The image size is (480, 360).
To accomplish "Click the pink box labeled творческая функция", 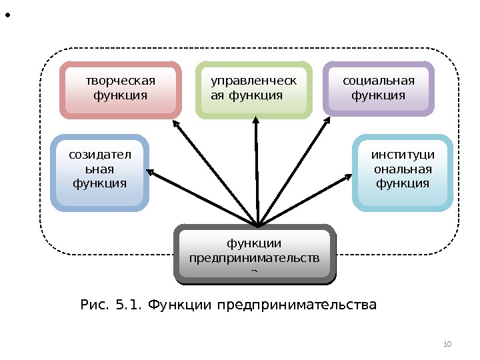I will [x=121, y=90].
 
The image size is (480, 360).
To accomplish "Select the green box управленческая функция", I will [x=254, y=90].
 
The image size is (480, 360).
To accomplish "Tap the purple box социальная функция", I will [x=379, y=89].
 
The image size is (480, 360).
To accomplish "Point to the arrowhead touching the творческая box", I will [x=176, y=125].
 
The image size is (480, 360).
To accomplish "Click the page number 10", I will [x=447, y=344].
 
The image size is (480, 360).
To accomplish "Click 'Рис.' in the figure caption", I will [x=94, y=306].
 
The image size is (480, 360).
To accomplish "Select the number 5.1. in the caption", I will [x=128, y=306].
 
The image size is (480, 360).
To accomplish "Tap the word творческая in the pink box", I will [x=121, y=81].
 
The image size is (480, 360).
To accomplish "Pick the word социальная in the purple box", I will [x=379, y=81].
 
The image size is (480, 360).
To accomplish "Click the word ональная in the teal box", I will [x=403, y=169].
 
